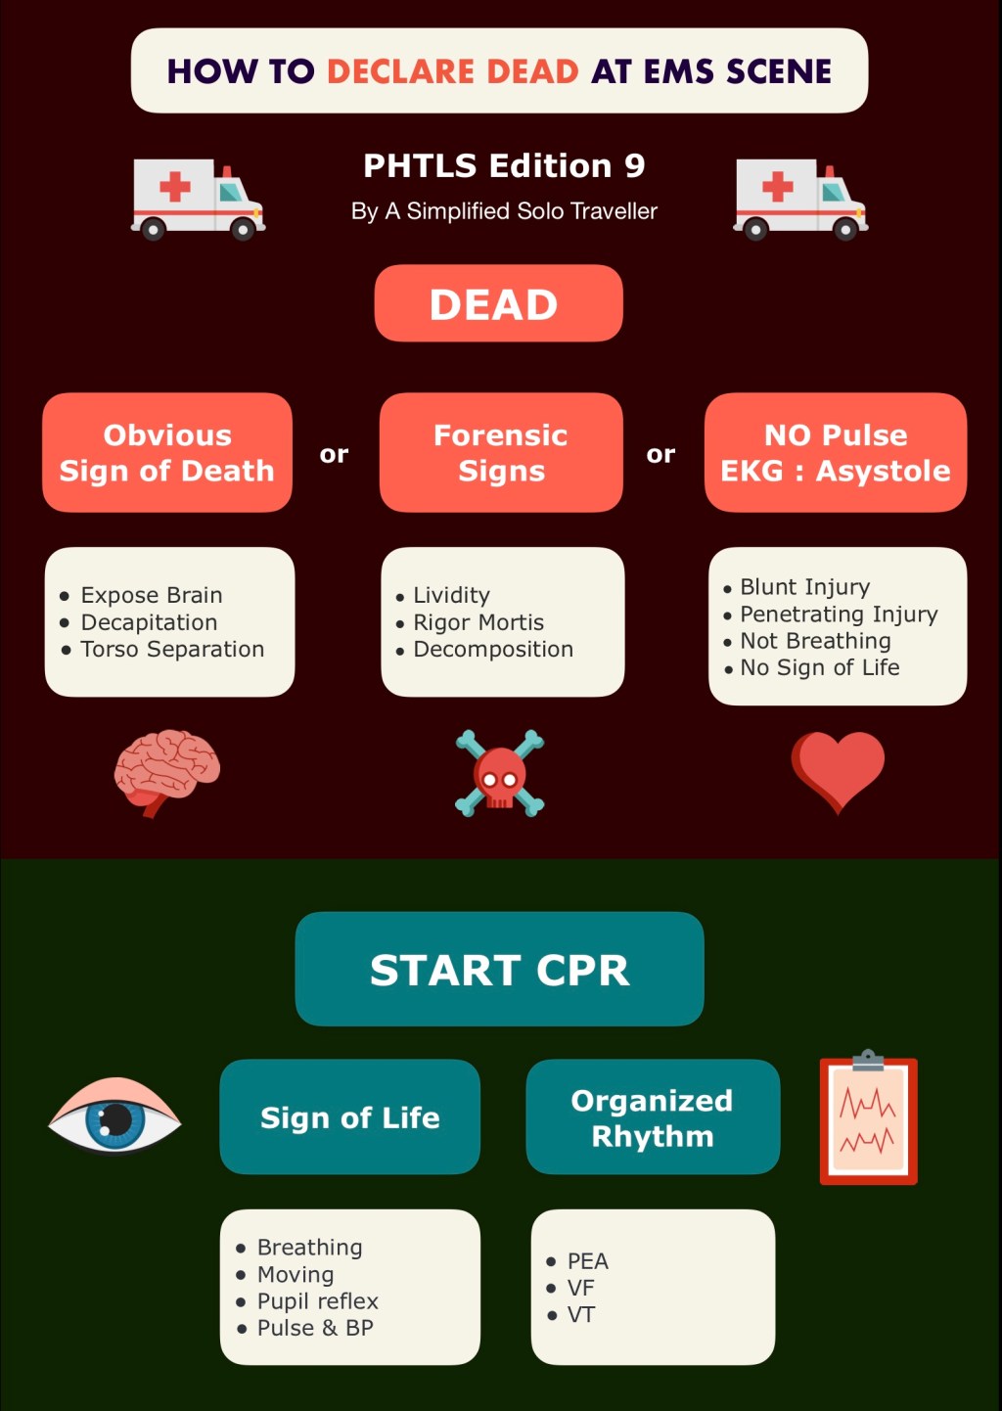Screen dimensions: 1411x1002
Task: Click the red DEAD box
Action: tap(498, 303)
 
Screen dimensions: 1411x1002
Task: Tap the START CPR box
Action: tap(499, 969)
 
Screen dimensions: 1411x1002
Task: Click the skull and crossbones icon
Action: tap(499, 773)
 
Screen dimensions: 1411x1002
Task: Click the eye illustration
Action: tap(115, 1115)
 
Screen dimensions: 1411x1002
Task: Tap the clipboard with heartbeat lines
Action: tap(869, 1120)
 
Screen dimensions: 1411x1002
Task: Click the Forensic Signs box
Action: tap(501, 452)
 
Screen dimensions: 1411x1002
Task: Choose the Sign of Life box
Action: tap(349, 1116)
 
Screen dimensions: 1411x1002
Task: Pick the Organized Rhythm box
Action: tap(653, 1116)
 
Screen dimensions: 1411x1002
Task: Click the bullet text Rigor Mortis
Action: tap(478, 622)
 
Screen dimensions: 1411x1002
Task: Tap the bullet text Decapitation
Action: tap(149, 622)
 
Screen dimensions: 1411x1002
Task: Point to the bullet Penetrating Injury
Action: tap(839, 614)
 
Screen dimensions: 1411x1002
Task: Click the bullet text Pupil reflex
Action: tap(317, 1300)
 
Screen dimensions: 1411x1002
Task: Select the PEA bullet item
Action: tap(587, 1260)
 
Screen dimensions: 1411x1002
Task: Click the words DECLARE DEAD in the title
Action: tap(452, 71)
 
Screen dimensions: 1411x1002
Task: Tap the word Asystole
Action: tap(883, 471)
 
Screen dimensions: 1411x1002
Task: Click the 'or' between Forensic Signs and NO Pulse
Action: tap(660, 454)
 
